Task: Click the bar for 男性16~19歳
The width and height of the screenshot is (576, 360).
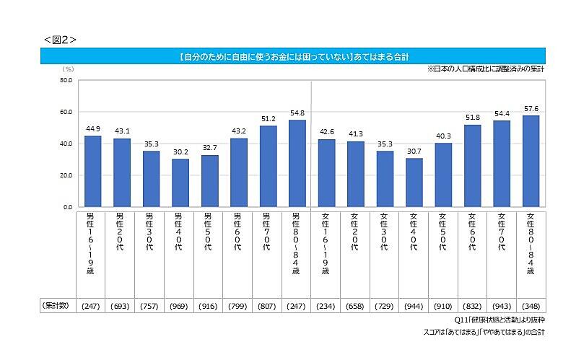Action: tap(92, 171)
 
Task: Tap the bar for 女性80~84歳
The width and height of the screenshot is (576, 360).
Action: tap(531, 161)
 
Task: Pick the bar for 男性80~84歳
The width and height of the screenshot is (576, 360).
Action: tap(297, 163)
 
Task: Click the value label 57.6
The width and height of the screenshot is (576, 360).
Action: tap(531, 108)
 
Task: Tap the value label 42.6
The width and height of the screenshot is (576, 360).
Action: tap(326, 132)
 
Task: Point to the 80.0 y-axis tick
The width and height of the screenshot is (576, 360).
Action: tap(66, 80)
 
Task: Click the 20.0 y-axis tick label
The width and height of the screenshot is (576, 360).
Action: tap(66, 175)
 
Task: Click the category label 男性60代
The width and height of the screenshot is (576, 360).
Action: tap(238, 231)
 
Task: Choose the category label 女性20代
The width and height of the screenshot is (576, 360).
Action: tap(355, 231)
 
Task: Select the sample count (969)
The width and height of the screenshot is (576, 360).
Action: tap(180, 307)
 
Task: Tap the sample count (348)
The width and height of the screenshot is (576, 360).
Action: tap(531, 307)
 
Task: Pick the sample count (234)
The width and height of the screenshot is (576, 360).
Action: tap(326, 307)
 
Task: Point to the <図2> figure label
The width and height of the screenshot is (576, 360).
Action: tap(60, 39)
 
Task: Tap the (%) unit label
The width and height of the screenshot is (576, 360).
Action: tap(68, 69)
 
